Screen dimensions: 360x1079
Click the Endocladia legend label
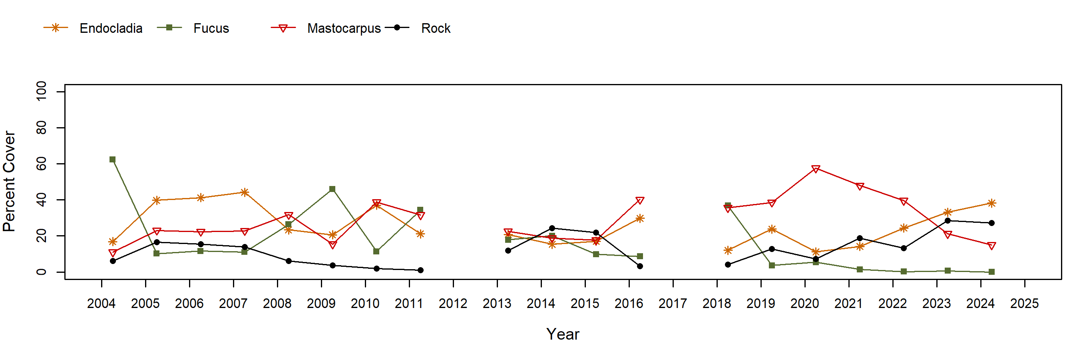(x=111, y=28)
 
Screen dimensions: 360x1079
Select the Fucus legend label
(x=211, y=28)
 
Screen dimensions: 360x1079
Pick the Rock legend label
(x=435, y=28)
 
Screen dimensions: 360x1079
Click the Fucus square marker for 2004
(x=112, y=160)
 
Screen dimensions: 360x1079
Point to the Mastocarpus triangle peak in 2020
(x=816, y=169)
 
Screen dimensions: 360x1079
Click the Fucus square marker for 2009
(x=332, y=189)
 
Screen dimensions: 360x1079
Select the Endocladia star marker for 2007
(x=245, y=192)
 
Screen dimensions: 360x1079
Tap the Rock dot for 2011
(x=420, y=270)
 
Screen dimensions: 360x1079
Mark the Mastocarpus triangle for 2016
(x=640, y=200)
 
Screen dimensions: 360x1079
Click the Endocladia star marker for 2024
(x=991, y=203)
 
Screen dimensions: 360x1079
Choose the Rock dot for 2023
(x=948, y=220)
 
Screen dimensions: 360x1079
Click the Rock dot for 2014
(x=551, y=228)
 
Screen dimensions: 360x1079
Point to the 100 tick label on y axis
(x=41, y=91)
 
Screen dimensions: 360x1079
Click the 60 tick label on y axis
(x=41, y=164)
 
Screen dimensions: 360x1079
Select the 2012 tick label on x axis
(x=453, y=304)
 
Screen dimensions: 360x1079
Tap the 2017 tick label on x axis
(x=672, y=304)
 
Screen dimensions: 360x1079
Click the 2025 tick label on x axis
(x=1024, y=304)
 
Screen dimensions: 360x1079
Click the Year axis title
(x=563, y=334)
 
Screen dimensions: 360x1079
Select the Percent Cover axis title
(x=9, y=181)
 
